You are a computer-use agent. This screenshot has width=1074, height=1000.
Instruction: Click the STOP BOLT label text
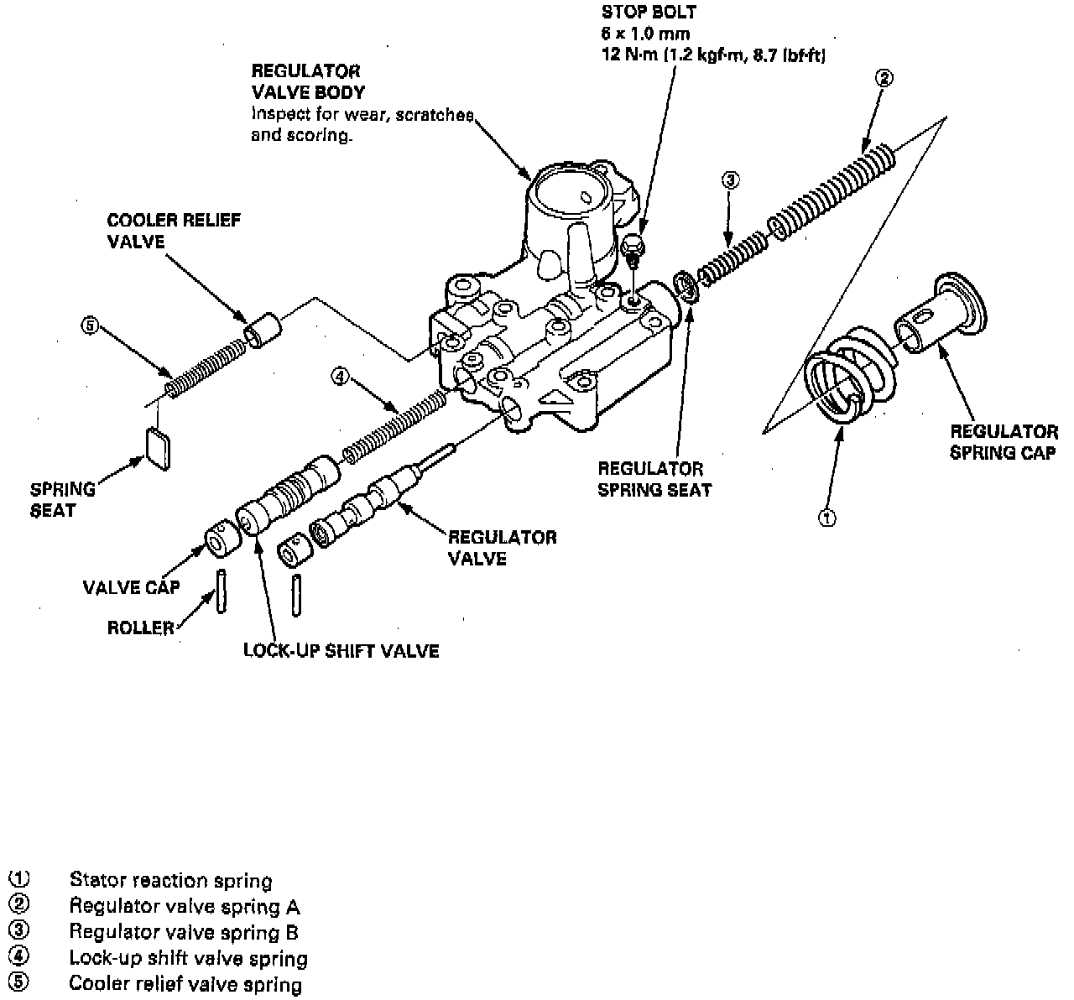click(x=649, y=13)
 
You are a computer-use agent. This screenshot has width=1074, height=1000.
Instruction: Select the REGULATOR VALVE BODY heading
click(x=307, y=81)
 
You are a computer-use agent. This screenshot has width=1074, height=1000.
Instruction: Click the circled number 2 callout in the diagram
click(x=884, y=79)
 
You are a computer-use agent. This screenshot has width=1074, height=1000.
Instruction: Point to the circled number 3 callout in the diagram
click(x=730, y=180)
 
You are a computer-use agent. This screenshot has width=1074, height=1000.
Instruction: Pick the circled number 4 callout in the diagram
click(x=338, y=377)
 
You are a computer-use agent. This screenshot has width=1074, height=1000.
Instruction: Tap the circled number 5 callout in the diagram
click(x=89, y=326)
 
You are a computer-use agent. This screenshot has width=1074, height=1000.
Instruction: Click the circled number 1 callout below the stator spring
click(x=826, y=518)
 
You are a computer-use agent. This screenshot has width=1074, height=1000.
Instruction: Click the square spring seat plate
click(x=157, y=445)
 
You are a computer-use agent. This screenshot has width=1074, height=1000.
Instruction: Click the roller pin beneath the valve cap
click(x=221, y=591)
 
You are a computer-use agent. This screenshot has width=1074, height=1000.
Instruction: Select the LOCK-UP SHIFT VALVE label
click(x=341, y=651)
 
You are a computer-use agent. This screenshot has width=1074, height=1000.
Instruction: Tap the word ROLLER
click(x=140, y=628)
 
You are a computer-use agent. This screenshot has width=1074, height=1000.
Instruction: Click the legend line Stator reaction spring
click(x=170, y=881)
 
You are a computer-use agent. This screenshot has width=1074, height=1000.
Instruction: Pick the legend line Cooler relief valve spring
click(x=185, y=984)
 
